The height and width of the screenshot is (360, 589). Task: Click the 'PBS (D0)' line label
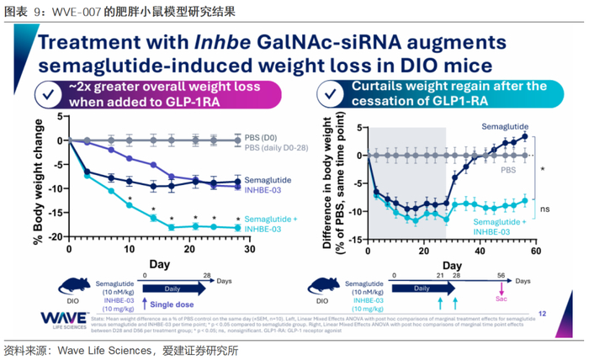(x=267, y=140)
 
